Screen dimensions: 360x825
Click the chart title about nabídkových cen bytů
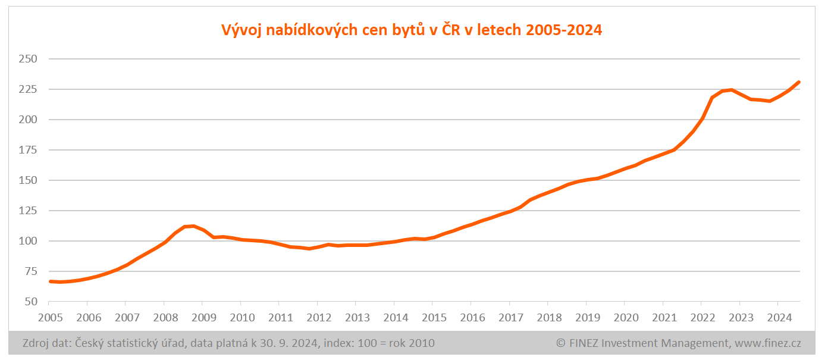coord(412,30)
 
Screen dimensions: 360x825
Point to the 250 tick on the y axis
coord(28,59)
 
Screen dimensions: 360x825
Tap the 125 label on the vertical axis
coord(28,211)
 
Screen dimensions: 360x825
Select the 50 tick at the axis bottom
coord(31,302)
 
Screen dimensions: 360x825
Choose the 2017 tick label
coord(509,318)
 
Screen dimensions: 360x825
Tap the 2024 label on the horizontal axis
coord(778,318)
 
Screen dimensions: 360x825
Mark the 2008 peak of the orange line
coord(193,226)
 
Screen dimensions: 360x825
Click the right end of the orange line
coord(799,82)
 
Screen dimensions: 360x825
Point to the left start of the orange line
coord(50,281)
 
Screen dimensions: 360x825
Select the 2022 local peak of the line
coord(731,90)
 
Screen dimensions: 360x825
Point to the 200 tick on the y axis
coord(28,120)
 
